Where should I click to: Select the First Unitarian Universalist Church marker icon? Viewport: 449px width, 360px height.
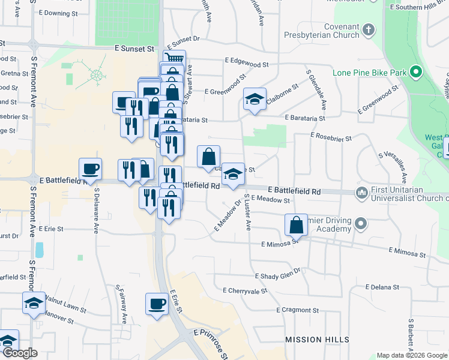tap(361, 193)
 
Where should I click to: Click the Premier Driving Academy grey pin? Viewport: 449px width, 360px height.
tap(360, 224)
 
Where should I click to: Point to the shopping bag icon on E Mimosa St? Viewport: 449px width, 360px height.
tap(297, 226)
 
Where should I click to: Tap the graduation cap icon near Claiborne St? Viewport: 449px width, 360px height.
tap(255, 100)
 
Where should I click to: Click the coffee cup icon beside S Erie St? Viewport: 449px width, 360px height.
tap(157, 304)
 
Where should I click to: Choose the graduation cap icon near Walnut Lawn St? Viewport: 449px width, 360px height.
tap(34, 303)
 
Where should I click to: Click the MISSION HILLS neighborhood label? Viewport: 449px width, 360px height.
tap(312, 340)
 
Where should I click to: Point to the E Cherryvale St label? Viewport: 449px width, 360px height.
tap(244, 290)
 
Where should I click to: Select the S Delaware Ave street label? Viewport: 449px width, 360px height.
tap(95, 211)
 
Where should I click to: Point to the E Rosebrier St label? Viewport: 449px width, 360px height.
tap(331, 137)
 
